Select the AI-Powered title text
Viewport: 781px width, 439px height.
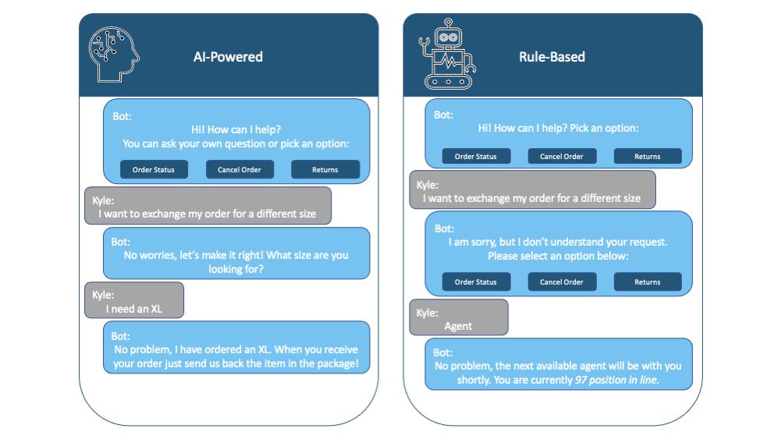pyautogui.click(x=228, y=57)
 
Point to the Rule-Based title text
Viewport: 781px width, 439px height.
pyautogui.click(x=552, y=57)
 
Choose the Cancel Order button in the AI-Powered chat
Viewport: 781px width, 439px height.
pyautogui.click(x=240, y=170)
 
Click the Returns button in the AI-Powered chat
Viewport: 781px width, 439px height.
pyautogui.click(x=325, y=170)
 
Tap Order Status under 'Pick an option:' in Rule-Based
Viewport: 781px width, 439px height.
pyautogui.click(x=475, y=157)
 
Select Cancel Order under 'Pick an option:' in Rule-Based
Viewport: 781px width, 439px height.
pyautogui.click(x=561, y=157)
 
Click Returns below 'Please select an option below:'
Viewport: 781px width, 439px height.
pyautogui.click(x=647, y=282)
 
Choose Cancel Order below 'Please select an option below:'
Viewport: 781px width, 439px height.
pyautogui.click(x=561, y=282)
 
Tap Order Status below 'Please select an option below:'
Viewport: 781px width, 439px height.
pyautogui.click(x=475, y=282)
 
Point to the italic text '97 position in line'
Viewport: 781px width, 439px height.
pyautogui.click(x=623, y=380)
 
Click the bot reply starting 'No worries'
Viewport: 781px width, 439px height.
pyautogui.click(x=236, y=253)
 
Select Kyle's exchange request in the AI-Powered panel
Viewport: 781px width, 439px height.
pyautogui.click(x=208, y=207)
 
